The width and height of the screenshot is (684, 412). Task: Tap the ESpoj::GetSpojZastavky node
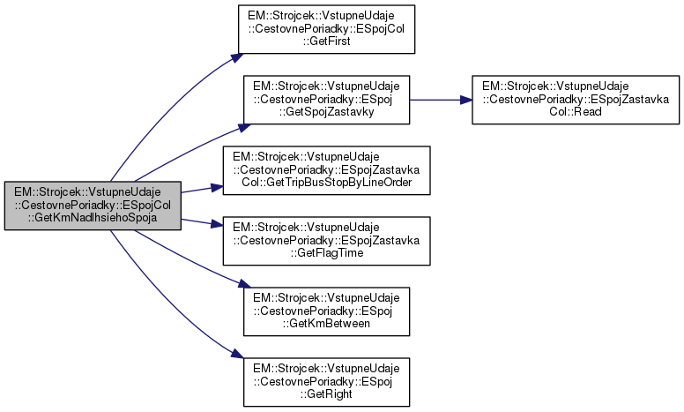326,100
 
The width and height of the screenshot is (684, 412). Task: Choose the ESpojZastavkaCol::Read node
576,100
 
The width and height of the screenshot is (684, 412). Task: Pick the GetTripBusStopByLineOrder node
326,169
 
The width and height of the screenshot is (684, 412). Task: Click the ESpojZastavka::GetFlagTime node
326,239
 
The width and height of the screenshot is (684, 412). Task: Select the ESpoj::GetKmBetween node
326,310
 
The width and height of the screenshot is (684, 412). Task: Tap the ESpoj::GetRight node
326,379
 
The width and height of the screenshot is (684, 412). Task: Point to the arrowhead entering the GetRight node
236,355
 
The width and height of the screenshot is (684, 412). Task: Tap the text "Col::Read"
576,113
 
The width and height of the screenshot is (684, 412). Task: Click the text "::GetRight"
326,393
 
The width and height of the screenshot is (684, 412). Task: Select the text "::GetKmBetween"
326,323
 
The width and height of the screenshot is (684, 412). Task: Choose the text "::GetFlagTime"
326,253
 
